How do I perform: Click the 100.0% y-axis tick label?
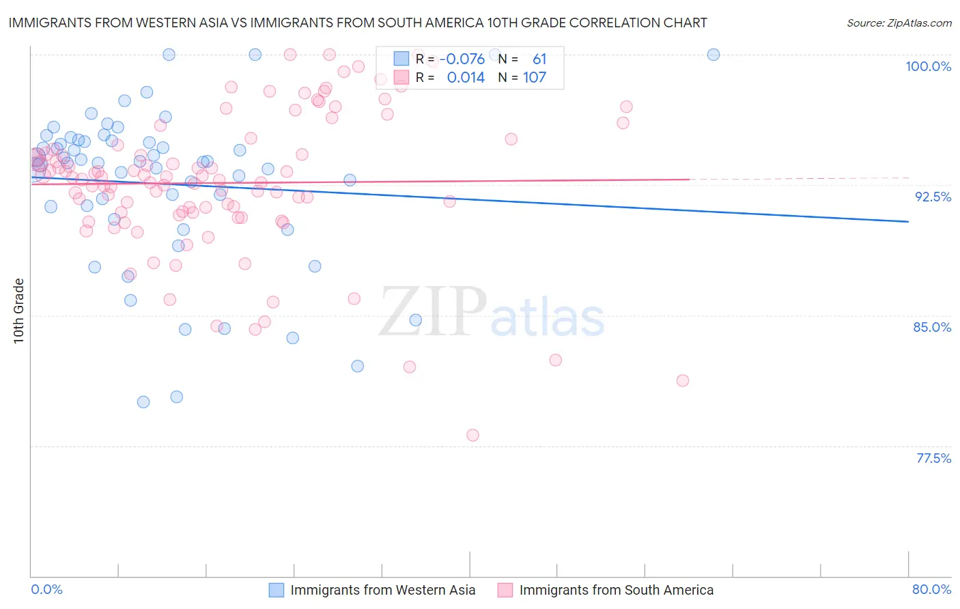(928, 66)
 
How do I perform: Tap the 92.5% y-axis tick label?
(933, 197)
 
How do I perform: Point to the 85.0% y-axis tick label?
(932, 327)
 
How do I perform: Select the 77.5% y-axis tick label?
(933, 458)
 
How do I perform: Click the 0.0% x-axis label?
(46, 589)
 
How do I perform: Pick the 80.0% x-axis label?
(931, 589)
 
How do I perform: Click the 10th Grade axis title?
(18, 311)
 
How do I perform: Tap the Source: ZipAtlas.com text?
(899, 23)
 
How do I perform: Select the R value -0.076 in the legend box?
(462, 59)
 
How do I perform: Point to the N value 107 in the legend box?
(535, 78)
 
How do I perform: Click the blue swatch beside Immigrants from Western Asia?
(276, 590)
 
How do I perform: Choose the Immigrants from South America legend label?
(616, 590)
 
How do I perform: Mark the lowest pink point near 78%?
(472, 435)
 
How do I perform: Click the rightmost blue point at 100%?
(714, 55)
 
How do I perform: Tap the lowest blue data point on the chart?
(143, 401)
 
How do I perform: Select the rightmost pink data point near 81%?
(683, 380)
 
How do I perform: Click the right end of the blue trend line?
(908, 221)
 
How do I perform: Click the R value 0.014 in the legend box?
(466, 78)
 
